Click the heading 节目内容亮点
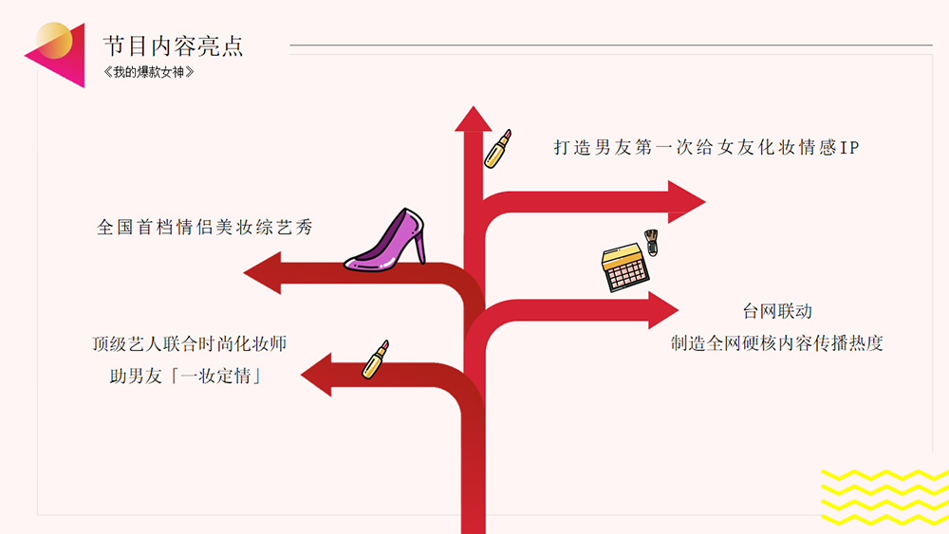[x=173, y=46]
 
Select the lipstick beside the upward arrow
[x=497, y=149]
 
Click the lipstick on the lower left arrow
[x=376, y=359]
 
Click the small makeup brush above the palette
[x=651, y=241]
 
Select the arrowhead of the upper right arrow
[x=687, y=201]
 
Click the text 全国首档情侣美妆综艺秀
[x=205, y=228]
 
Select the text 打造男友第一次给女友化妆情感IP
[x=706, y=148]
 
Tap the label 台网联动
[x=777, y=311]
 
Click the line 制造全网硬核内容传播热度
[x=777, y=343]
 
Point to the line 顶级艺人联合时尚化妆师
[x=190, y=343]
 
